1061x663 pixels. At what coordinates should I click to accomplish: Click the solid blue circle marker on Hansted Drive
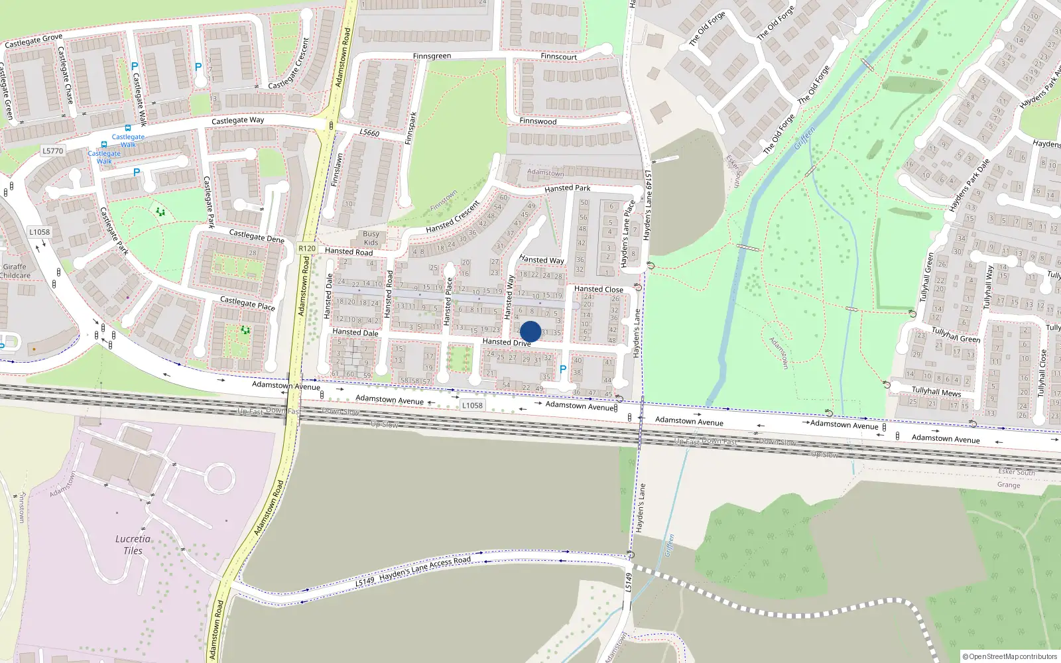[530, 331]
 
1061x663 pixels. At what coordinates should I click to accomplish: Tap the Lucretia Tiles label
[133, 544]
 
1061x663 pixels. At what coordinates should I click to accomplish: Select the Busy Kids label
[371, 238]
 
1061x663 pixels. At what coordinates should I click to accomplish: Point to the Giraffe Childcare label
[15, 271]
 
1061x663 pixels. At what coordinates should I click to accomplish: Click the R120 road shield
[306, 249]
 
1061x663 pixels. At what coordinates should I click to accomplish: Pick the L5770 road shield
[53, 151]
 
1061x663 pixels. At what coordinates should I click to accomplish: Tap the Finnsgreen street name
[432, 56]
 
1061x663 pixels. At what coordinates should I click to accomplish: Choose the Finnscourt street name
[558, 57]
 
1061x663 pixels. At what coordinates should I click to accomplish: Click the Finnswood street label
[538, 121]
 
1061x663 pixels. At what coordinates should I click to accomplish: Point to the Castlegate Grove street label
[33, 41]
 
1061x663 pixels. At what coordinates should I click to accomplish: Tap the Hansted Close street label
[598, 289]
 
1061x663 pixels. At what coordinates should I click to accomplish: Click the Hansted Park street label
[567, 188]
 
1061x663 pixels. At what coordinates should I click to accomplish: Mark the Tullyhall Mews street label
[936, 391]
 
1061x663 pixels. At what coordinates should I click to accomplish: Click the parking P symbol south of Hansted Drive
[563, 369]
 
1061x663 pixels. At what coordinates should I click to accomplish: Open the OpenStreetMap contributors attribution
[1009, 656]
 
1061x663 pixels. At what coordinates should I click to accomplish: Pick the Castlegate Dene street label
[256, 236]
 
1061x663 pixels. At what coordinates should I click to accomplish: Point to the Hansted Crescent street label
[452, 217]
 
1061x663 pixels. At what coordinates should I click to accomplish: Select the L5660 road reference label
[369, 133]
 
